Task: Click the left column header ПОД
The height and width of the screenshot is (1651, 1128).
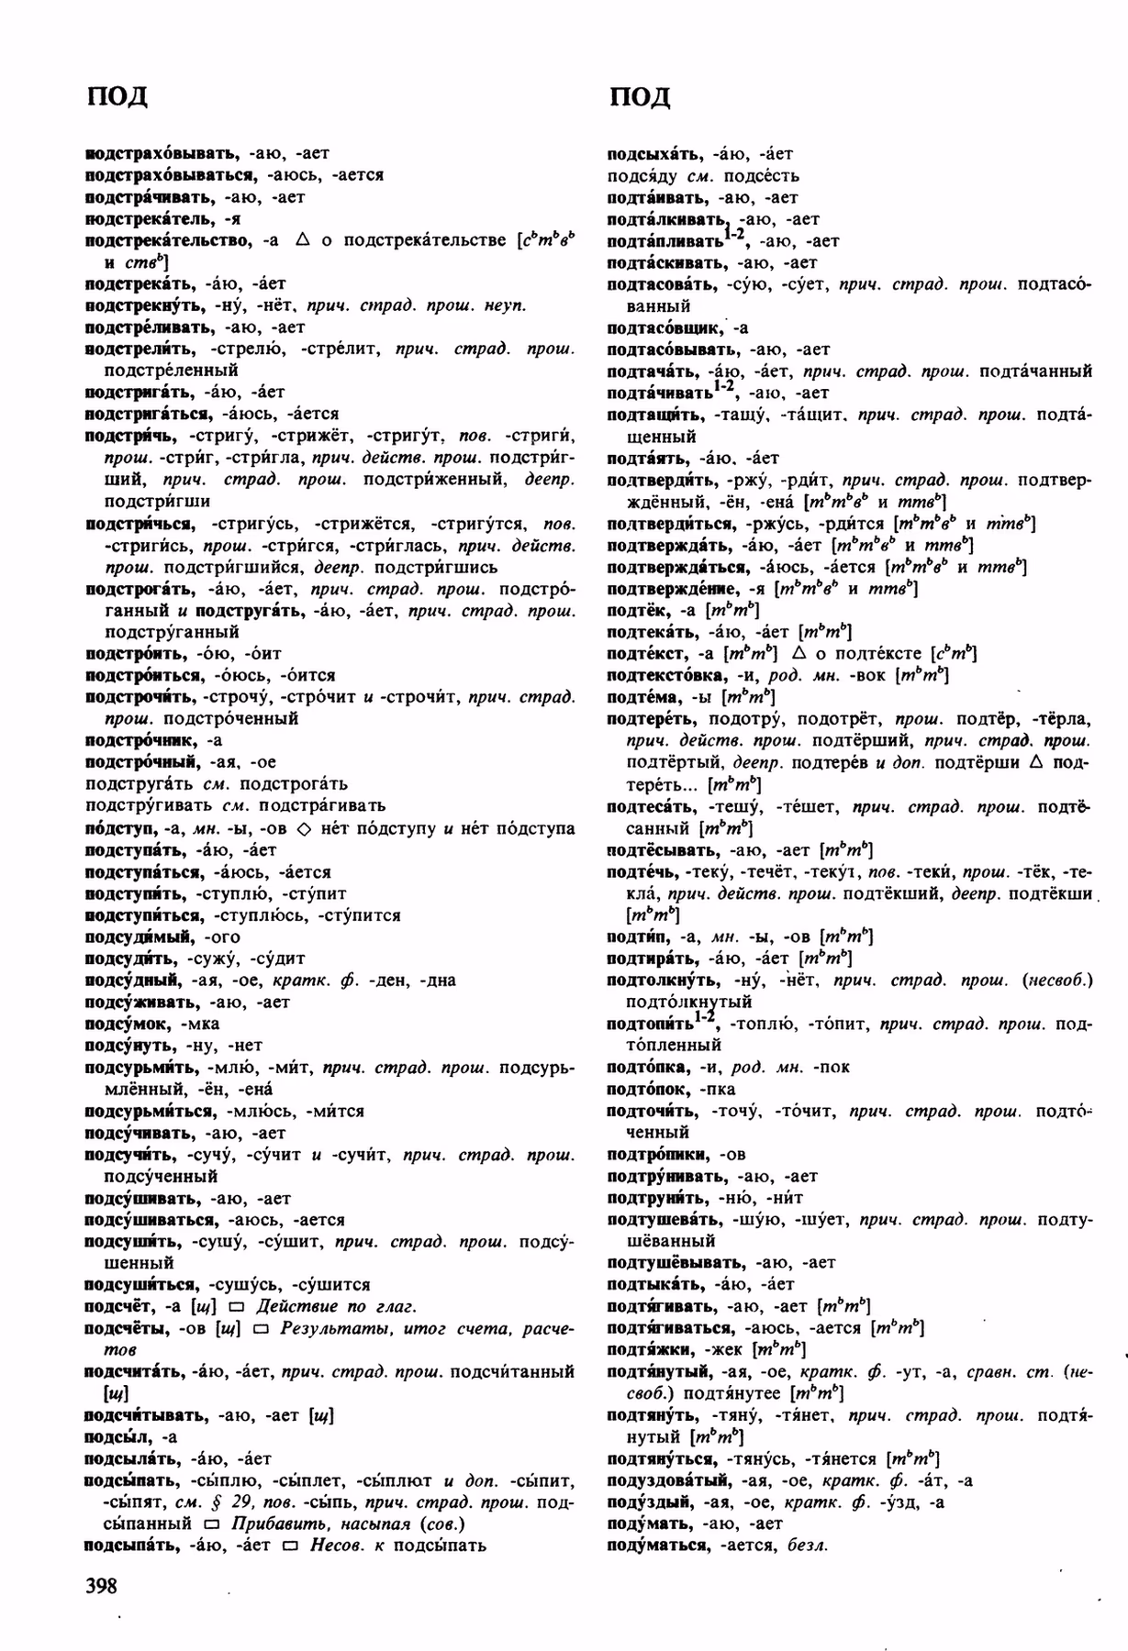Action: (117, 96)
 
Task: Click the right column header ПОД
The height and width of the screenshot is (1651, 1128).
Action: (639, 96)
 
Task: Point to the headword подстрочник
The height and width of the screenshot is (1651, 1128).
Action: (143, 740)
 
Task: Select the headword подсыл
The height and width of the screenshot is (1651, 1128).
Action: (118, 1436)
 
